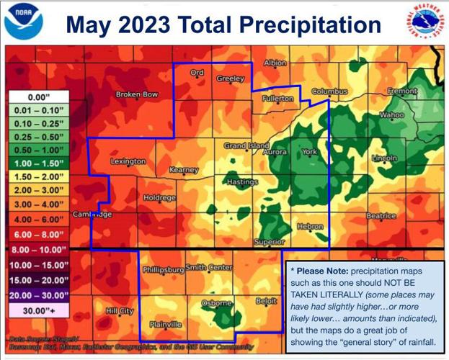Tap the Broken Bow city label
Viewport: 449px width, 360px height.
137,94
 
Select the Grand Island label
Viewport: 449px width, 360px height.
246,145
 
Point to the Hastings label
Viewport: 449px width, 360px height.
242,182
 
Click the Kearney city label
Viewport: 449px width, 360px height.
183,170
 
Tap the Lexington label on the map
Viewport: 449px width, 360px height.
128,161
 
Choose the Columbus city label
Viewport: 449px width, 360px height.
330,92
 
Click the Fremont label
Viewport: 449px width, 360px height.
401,91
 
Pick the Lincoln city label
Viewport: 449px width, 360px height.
384,158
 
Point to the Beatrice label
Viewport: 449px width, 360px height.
381,215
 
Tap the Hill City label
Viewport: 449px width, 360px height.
120,311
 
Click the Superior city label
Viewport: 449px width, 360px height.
269,242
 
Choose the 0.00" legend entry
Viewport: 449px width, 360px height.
37,96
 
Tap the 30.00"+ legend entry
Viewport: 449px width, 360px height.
37,310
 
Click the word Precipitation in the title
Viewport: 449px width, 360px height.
312,24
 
